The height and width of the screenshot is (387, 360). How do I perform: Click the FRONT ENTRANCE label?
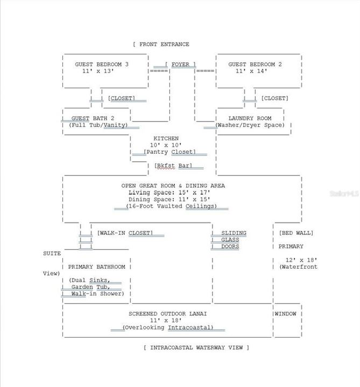click(x=164, y=45)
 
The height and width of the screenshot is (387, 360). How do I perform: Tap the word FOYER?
click(x=180, y=64)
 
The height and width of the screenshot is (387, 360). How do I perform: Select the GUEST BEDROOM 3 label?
click(x=102, y=64)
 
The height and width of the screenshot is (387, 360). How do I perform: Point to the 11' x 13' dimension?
click(x=98, y=71)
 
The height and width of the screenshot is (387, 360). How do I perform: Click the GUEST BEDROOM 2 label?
click(x=255, y=64)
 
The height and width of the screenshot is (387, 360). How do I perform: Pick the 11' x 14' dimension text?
click(x=251, y=71)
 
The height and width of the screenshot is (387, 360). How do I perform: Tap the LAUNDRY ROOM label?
click(x=250, y=118)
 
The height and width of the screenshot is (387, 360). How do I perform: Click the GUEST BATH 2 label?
click(x=93, y=118)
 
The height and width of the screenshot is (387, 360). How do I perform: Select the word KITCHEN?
click(x=166, y=139)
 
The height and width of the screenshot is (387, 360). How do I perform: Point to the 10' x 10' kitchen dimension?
click(x=166, y=145)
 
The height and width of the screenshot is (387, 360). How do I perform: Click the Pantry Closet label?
click(x=170, y=152)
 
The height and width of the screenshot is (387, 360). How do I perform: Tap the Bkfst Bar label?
click(x=173, y=166)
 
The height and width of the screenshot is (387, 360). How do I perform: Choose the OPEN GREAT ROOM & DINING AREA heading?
click(x=173, y=185)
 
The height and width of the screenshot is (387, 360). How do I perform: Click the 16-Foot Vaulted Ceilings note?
click(x=171, y=206)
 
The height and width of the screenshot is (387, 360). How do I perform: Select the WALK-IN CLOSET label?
click(x=125, y=233)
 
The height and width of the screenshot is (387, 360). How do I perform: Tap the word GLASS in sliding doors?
click(x=230, y=240)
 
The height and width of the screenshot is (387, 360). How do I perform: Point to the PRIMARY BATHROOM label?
click(x=97, y=267)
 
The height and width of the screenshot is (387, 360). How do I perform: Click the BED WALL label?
click(x=296, y=233)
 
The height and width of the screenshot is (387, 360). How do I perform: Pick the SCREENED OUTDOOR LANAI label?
click(x=167, y=314)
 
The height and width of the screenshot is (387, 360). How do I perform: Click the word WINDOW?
click(x=285, y=314)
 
